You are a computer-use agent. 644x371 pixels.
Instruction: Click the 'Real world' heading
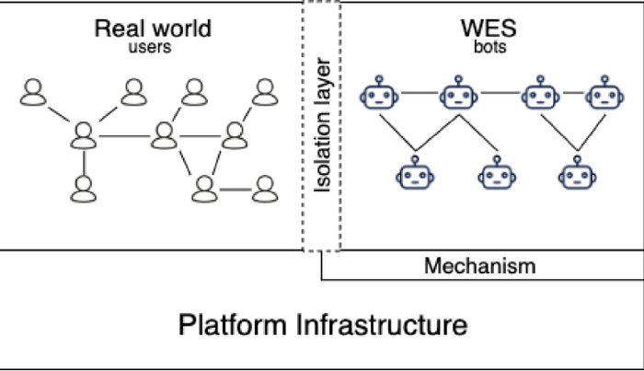(153, 28)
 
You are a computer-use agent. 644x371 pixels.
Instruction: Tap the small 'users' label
(150, 46)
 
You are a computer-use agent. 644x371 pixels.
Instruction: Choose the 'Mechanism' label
(479, 267)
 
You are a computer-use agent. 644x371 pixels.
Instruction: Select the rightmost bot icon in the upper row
(603, 95)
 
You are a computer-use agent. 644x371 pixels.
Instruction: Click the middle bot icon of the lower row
(494, 172)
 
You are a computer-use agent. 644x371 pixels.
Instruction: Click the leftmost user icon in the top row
(34, 92)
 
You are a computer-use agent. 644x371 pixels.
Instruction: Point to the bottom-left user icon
(84, 189)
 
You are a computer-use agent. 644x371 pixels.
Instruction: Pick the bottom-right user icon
(265, 189)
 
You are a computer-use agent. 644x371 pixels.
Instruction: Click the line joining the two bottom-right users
(235, 190)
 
